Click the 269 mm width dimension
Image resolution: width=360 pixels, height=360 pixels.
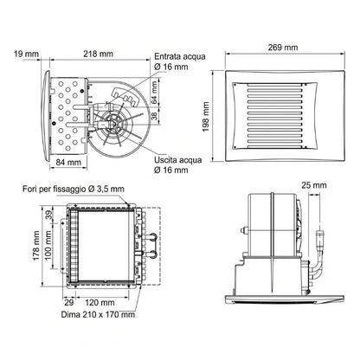pos(283,48)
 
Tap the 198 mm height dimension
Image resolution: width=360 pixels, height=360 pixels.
pos(206,117)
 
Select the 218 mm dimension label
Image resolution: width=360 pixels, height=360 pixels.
pos(99,54)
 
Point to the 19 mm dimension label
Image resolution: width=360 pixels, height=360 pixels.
pos(26,54)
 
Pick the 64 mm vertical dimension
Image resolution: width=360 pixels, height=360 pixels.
pos(155,93)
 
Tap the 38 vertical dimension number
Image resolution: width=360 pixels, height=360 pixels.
pos(155,116)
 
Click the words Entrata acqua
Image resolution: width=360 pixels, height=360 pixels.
pos(180,56)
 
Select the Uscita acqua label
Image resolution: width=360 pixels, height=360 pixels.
pos(178,160)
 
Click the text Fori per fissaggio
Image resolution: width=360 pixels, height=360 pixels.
pos(55,190)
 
